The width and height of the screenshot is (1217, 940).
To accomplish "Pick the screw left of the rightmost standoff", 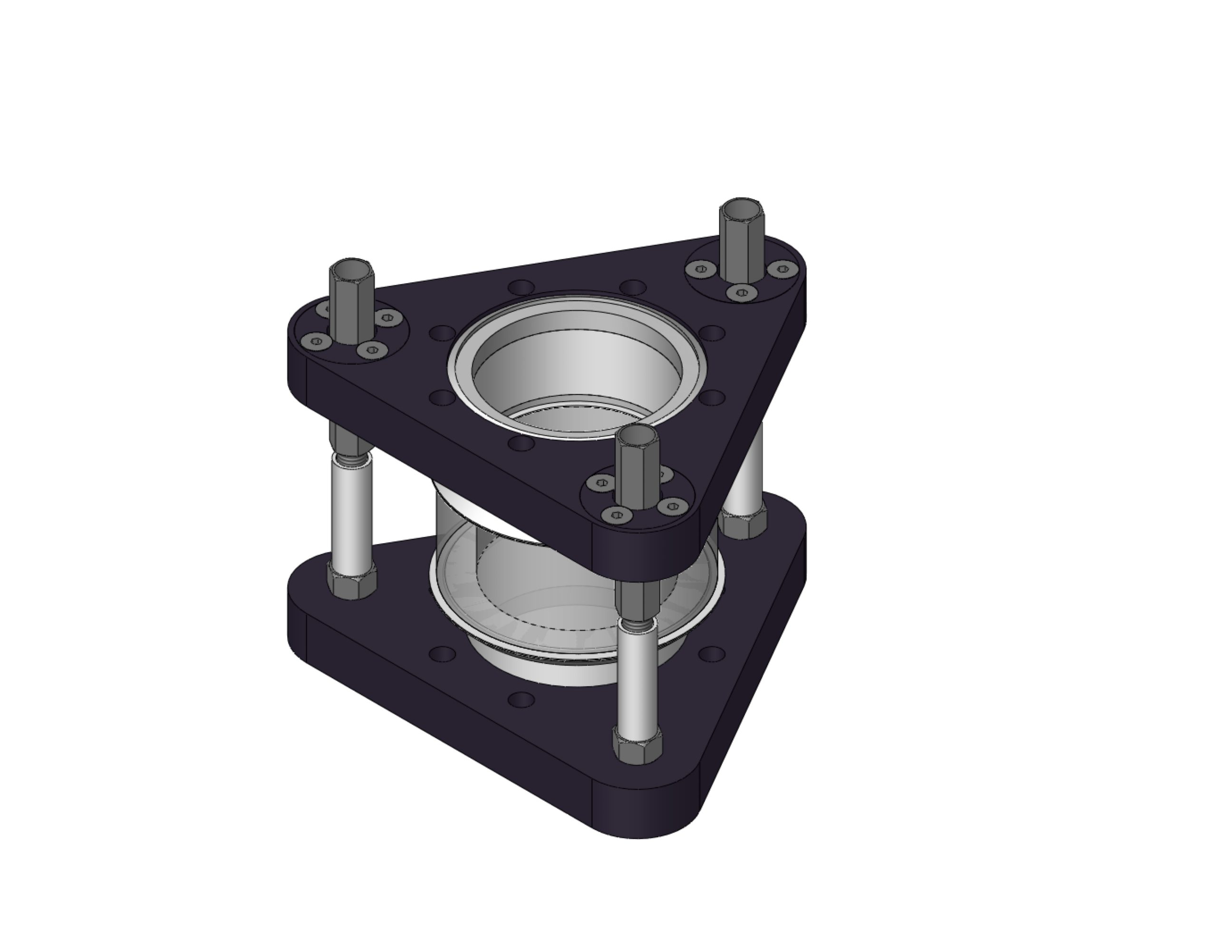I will coord(702,269).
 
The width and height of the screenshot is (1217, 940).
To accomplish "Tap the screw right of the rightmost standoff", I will coord(783,269).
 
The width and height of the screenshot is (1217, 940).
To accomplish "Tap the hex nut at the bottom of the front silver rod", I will coord(637,746).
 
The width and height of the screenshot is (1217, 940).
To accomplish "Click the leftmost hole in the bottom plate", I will coord(443,653).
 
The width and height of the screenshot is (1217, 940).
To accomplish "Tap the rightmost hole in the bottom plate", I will coord(712,653).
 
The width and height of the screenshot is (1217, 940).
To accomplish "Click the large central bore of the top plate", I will coord(577,371).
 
